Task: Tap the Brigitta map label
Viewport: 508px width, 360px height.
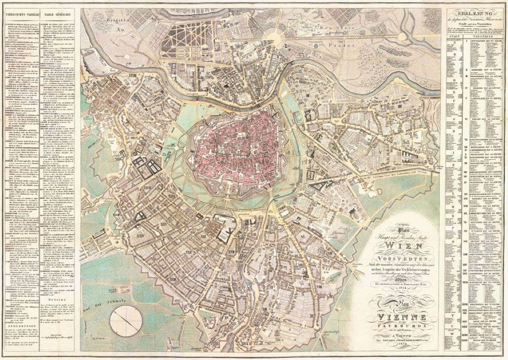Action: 114,20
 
